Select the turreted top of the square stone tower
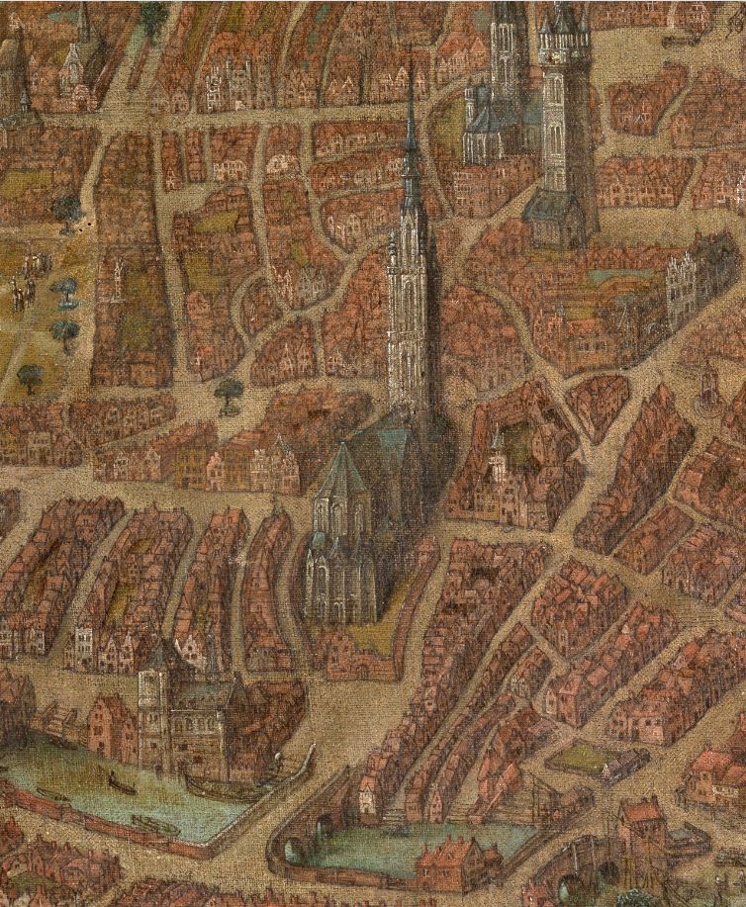click(x=564, y=40)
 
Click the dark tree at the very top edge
click(x=153, y=15)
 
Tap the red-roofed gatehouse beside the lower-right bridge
click(x=641, y=831)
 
